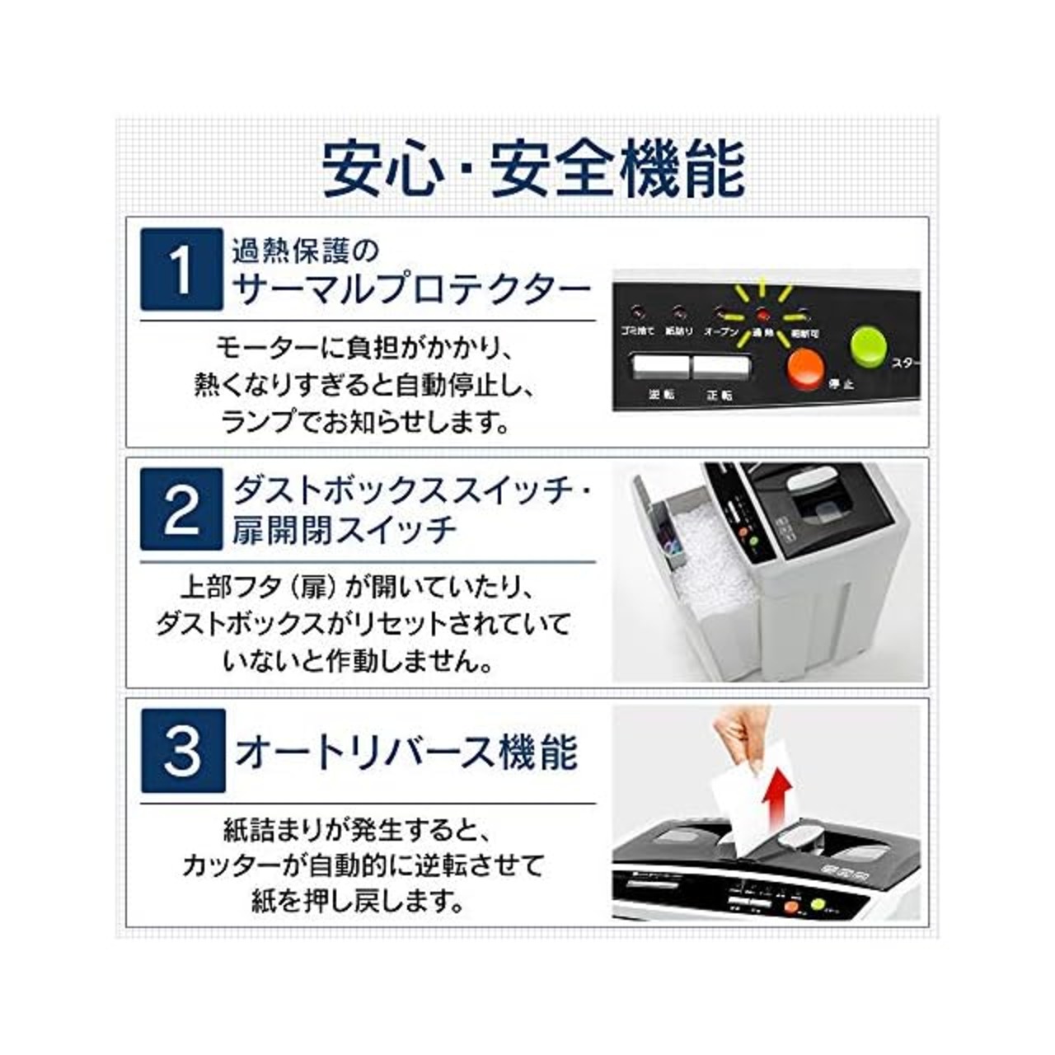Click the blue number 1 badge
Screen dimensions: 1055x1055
click(x=181, y=269)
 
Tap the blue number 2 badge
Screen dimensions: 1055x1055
click(x=181, y=509)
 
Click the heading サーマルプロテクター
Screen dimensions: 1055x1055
click(x=412, y=290)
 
